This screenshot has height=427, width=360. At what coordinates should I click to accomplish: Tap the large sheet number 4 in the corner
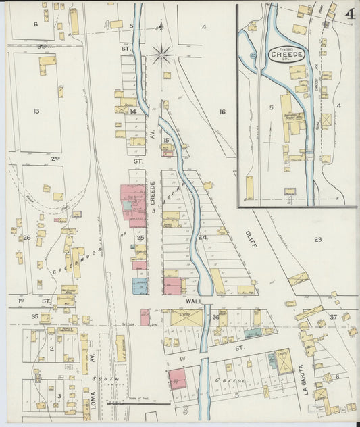pos(350,14)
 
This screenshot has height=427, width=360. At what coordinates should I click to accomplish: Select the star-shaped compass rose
pos(162,54)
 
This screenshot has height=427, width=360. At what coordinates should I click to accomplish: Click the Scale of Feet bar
pos(138,403)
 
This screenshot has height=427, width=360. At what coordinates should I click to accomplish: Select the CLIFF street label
pos(246,238)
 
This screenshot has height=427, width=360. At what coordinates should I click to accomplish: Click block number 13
pos(36,111)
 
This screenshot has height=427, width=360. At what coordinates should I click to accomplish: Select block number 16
pos(222,111)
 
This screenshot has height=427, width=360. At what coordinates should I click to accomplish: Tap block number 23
pos(317,239)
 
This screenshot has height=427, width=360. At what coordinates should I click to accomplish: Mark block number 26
pos(27,237)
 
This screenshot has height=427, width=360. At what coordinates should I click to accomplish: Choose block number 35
pos(34,316)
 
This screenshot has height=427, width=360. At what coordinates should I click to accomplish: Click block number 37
pos(333,317)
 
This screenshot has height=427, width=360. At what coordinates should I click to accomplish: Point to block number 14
pos(134,111)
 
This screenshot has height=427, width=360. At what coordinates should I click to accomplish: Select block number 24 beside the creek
pos(202,237)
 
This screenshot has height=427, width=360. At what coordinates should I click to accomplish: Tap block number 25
pos(140,237)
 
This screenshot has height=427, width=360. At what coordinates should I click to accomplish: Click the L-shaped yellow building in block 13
pos(47,64)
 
